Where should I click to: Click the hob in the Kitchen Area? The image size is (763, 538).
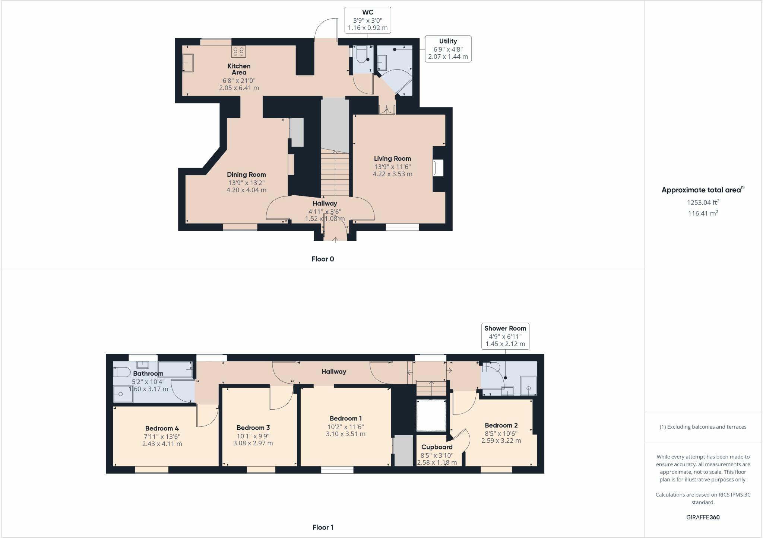pyautogui.click(x=238, y=51)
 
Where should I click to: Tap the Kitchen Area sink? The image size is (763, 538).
pyautogui.click(x=188, y=63)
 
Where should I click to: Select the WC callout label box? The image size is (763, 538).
pyautogui.click(x=368, y=20)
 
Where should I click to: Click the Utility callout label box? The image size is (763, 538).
pyautogui.click(x=448, y=49)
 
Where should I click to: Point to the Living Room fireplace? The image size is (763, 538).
pyautogui.click(x=438, y=168)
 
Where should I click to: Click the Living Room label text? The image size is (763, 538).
pyautogui.click(x=392, y=158)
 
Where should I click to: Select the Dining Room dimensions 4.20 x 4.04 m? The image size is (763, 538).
pyautogui.click(x=246, y=190)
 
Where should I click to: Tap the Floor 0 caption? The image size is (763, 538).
pyautogui.click(x=323, y=259)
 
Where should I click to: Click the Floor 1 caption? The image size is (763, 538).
pyautogui.click(x=323, y=527)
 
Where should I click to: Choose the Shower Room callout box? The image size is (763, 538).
pyautogui.click(x=505, y=336)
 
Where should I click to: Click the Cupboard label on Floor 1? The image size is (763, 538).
pyautogui.click(x=437, y=447)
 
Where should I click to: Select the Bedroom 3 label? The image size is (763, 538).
pyautogui.click(x=253, y=428)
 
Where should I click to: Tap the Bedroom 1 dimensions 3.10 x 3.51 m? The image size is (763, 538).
pyautogui.click(x=345, y=434)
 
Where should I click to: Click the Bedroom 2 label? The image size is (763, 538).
pyautogui.click(x=501, y=425)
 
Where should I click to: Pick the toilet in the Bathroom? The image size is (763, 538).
pyautogui.click(x=121, y=372)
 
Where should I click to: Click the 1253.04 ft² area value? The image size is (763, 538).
pyautogui.click(x=703, y=202)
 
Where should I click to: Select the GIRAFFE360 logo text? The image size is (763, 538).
pyautogui.click(x=703, y=517)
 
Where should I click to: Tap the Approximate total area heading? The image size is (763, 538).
pyautogui.click(x=703, y=190)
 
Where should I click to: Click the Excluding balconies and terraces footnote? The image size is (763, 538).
pyautogui.click(x=703, y=427)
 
